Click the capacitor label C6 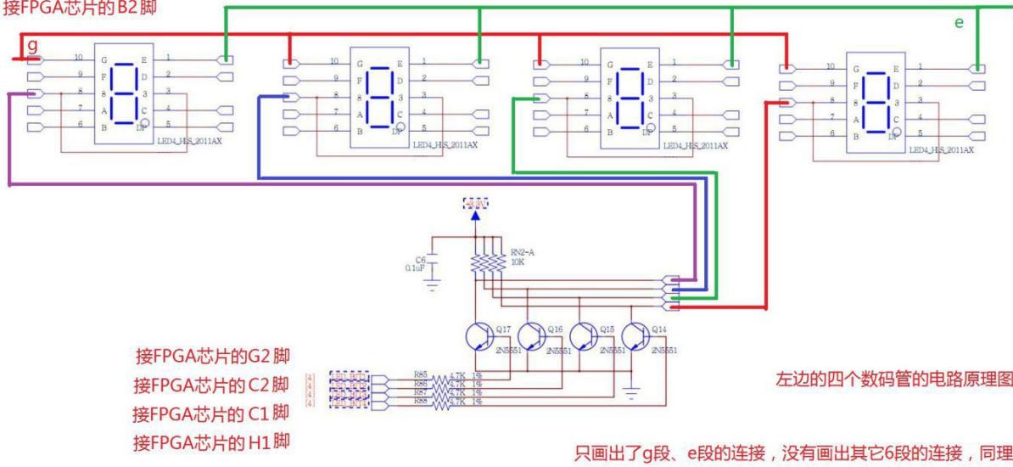click(420, 260)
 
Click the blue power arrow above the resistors click(476, 217)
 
